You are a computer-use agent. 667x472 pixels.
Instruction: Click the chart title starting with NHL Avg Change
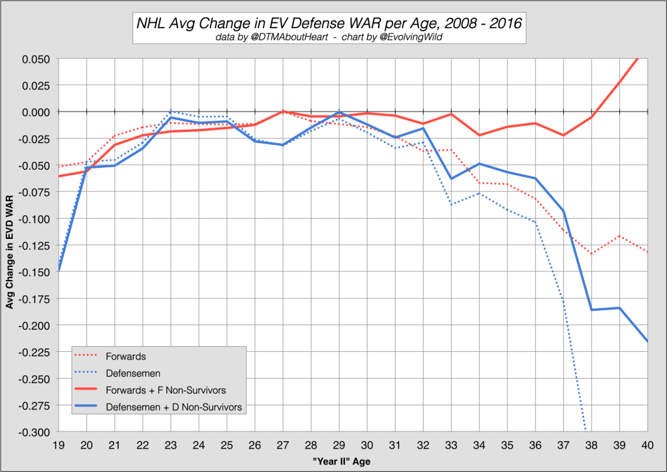click(x=329, y=24)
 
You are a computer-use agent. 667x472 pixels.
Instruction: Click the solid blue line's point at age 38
click(x=591, y=309)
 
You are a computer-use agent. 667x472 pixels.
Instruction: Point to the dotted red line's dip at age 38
click(x=591, y=253)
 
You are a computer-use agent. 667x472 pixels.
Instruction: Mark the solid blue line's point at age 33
click(x=451, y=178)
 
